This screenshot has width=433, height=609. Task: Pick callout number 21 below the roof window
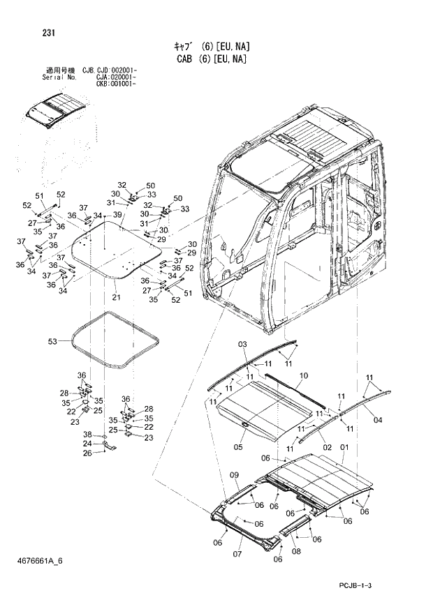tap(115, 299)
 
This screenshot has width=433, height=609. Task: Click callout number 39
tap(117, 214)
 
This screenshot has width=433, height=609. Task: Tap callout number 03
tap(242, 345)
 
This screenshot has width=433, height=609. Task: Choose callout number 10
tap(302, 376)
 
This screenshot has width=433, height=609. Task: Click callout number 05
tap(238, 447)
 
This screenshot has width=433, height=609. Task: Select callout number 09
tap(235, 475)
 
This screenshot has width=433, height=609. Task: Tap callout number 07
tap(237, 555)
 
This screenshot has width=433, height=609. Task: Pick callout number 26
tap(87, 453)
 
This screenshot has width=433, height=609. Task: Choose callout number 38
tap(87, 434)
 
